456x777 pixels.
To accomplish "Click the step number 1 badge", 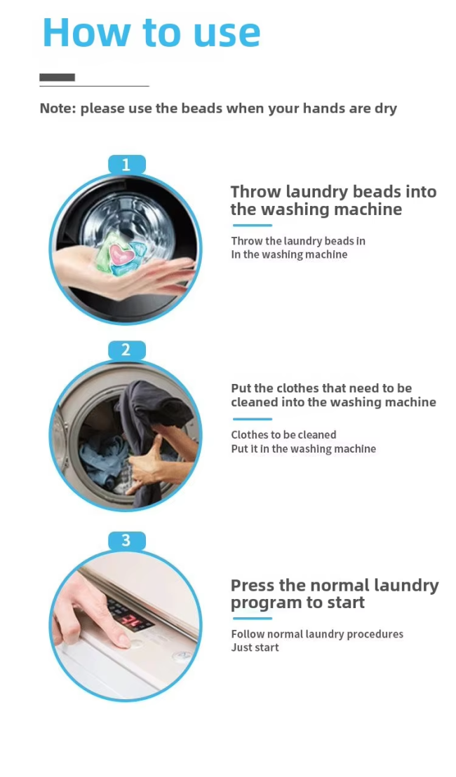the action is pyautogui.click(x=126, y=165).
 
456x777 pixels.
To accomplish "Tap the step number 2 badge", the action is pyautogui.click(x=126, y=350).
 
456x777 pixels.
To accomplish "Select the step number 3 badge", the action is pyautogui.click(x=126, y=541).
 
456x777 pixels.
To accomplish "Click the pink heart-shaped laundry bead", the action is pyautogui.click(x=120, y=254).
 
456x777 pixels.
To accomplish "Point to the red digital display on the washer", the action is pyautogui.click(x=130, y=619).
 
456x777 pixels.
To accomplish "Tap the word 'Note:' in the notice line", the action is pyautogui.click(x=58, y=108).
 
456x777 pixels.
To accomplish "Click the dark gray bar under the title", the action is pyautogui.click(x=57, y=77).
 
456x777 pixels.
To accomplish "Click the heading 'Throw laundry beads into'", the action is pyautogui.click(x=333, y=192).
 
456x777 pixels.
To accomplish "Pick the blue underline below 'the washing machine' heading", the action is pyautogui.click(x=252, y=226).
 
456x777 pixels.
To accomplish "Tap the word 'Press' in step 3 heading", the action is pyautogui.click(x=253, y=586).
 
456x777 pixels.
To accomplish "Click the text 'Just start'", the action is pyautogui.click(x=255, y=647).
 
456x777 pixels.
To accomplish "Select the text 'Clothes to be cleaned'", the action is pyautogui.click(x=283, y=435).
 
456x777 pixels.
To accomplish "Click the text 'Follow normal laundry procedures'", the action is pyautogui.click(x=317, y=634).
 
